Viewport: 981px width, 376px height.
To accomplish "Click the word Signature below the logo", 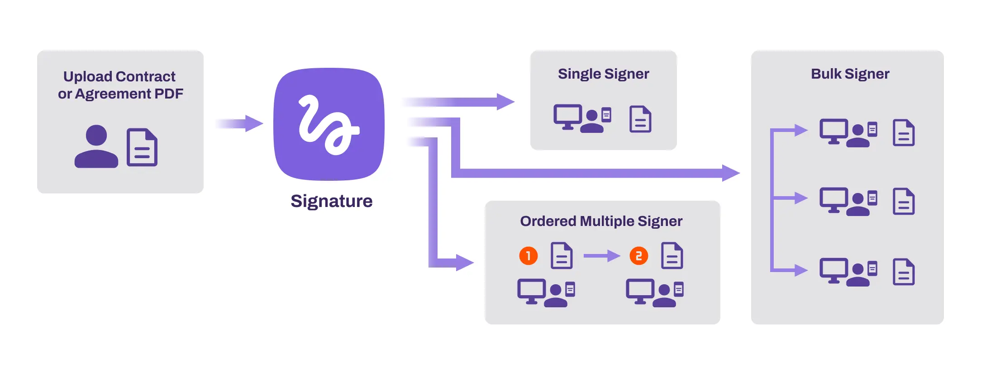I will click(331, 201).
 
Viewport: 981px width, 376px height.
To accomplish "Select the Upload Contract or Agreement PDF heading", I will click(120, 85).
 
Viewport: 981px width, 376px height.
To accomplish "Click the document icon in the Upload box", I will click(142, 147).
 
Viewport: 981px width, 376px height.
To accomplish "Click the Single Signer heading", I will click(603, 74).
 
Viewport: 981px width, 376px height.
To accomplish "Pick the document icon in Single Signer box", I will click(640, 119).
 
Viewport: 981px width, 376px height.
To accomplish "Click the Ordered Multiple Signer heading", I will click(601, 221).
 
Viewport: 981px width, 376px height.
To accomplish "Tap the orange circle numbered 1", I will click(528, 256).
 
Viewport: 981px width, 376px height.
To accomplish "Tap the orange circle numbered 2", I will click(638, 256).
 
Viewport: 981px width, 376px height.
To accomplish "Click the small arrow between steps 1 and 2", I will click(601, 256).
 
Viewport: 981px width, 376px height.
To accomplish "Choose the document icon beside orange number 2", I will click(672, 256).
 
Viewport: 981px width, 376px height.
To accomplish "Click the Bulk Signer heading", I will click(850, 74).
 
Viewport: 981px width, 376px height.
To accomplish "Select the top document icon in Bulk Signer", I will click(903, 133).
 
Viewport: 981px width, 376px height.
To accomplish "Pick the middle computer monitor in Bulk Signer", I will click(833, 199).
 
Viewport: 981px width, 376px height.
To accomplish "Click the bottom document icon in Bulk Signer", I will click(903, 272).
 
